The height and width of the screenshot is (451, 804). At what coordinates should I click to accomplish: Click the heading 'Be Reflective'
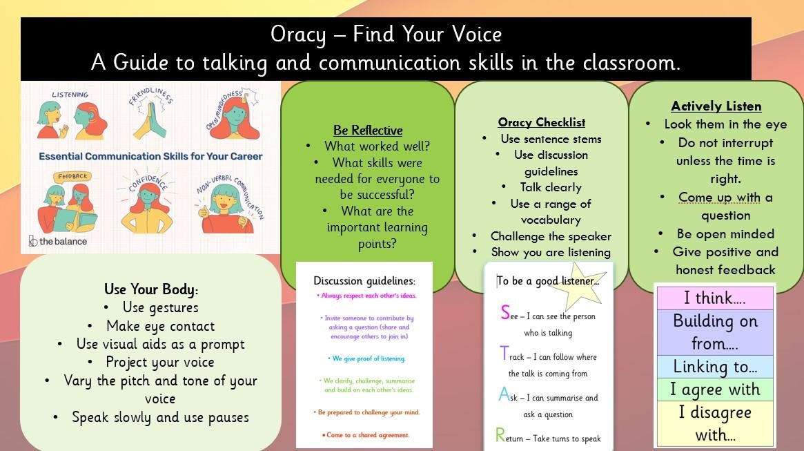click(368, 131)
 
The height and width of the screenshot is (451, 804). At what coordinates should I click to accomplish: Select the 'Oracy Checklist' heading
click(542, 122)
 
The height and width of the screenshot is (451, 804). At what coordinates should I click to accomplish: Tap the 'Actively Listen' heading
click(716, 106)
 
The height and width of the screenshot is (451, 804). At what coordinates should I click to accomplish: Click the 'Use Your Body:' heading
click(150, 289)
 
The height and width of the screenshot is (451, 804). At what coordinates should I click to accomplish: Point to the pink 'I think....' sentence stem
click(715, 298)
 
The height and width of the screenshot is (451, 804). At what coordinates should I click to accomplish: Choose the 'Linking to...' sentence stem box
click(715, 366)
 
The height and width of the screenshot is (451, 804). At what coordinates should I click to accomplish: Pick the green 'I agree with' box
click(715, 390)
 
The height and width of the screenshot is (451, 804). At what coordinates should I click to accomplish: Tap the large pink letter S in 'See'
click(506, 312)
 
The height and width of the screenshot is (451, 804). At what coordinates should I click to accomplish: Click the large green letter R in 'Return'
click(500, 435)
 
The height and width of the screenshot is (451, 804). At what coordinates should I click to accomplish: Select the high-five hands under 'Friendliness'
click(150, 121)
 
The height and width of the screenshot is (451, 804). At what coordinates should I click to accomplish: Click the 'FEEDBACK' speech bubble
click(72, 177)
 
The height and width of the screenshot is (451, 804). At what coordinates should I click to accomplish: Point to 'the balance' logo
click(57, 241)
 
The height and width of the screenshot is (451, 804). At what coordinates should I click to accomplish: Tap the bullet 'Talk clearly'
click(551, 187)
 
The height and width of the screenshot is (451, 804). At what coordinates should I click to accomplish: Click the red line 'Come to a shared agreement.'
click(366, 435)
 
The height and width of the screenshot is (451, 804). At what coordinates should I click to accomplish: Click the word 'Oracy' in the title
click(298, 35)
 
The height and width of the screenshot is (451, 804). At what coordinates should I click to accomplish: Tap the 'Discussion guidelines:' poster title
click(364, 281)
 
